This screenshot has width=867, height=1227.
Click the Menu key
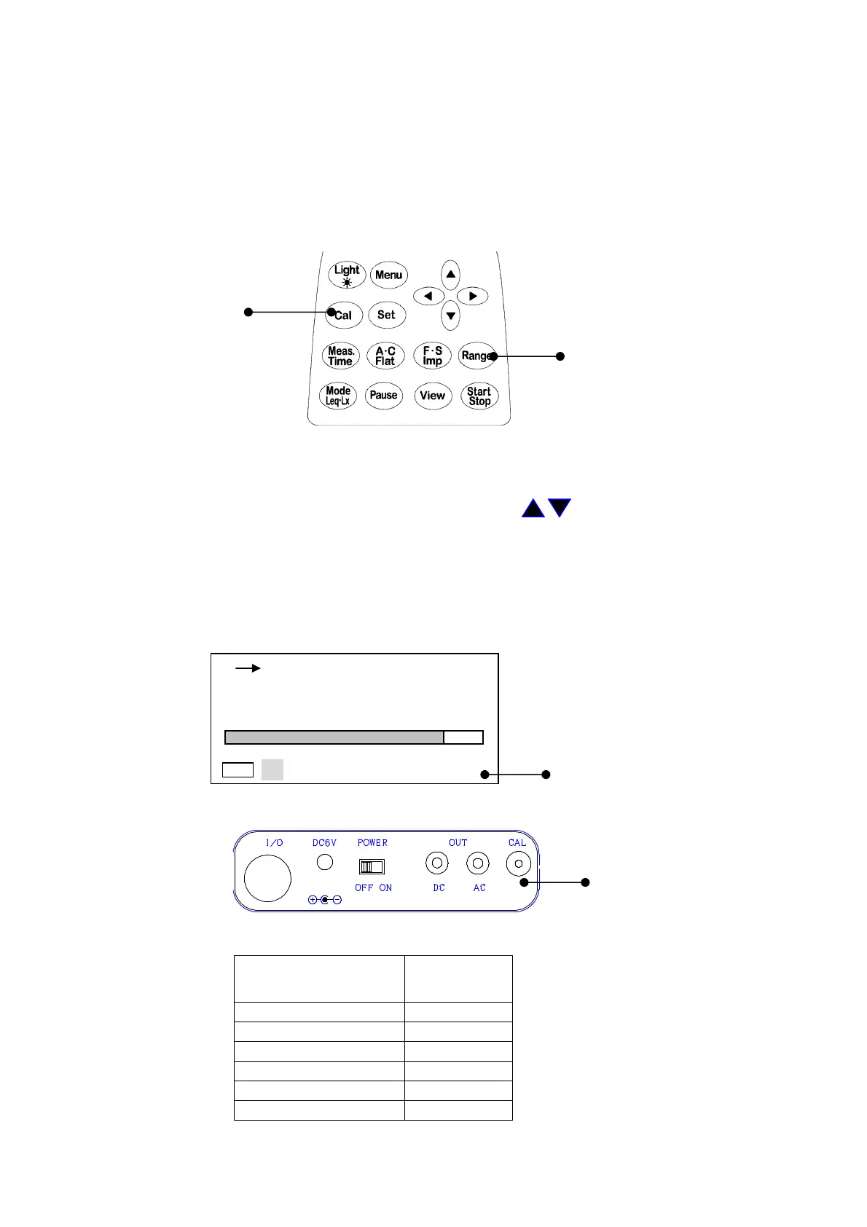(388, 275)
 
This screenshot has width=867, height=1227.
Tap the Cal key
(344, 315)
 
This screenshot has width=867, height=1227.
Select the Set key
(386, 315)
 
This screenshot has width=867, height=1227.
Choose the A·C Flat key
(385, 356)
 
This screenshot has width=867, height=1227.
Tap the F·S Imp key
(432, 356)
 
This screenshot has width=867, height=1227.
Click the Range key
(476, 356)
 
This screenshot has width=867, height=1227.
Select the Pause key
(383, 395)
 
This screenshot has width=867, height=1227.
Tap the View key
(432, 396)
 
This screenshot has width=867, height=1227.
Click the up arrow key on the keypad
(451, 275)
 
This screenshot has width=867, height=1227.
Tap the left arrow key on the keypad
(428, 296)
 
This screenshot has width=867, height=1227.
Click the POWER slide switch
(372, 866)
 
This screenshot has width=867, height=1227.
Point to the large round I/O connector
(267, 878)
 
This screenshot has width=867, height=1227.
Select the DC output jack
(436, 863)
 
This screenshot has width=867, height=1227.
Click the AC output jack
(477, 863)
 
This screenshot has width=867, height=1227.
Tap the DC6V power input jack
(325, 862)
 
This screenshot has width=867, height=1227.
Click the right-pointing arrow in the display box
(248, 667)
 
